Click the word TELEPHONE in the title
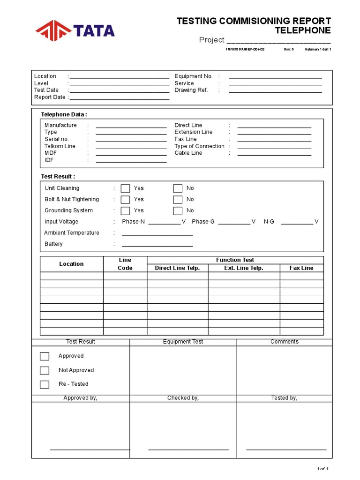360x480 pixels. click(x=302, y=30)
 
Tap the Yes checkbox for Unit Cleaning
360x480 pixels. click(x=125, y=188)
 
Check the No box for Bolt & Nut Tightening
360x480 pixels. click(x=178, y=200)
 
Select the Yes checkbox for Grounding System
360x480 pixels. click(x=125, y=211)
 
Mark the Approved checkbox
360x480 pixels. click(x=45, y=356)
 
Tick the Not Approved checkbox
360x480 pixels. click(x=45, y=370)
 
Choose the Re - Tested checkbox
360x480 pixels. click(x=45, y=384)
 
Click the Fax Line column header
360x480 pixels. click(x=301, y=268)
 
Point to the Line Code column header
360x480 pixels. click(x=125, y=264)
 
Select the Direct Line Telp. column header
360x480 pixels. click(x=177, y=268)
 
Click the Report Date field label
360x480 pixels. click(x=50, y=97)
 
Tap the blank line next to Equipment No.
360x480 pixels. click(x=275, y=77)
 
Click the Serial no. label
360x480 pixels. click(x=57, y=139)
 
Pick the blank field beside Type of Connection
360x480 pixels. click(x=274, y=147)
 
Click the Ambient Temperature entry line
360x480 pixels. click(x=157, y=234)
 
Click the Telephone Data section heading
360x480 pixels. click(x=64, y=114)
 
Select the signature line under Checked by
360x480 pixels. click(x=188, y=449)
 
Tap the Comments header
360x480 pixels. click(x=284, y=342)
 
